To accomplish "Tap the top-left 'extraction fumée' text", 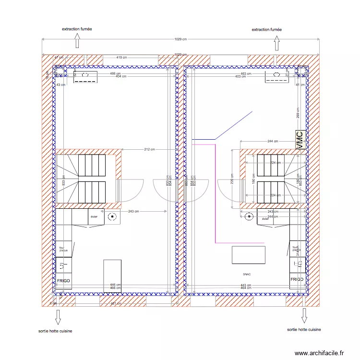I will (77, 29).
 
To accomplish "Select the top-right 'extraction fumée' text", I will (267, 30).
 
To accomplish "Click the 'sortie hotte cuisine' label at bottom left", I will (55, 331).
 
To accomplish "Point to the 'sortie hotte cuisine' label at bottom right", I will (304, 330).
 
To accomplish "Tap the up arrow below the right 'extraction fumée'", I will (276, 44).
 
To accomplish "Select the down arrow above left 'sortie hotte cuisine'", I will (58, 317).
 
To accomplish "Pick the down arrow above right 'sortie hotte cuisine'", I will (304, 315).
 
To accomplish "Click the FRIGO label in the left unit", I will (63, 280).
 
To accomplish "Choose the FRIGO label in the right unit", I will (297, 279).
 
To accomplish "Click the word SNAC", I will (247, 275).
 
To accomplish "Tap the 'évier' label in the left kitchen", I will (94, 217).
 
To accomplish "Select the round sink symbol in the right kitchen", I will (249, 217).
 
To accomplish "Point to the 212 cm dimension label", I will (149, 149).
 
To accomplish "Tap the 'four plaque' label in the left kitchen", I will (63, 249).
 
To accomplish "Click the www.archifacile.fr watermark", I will (319, 353).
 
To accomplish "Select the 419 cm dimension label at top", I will (121, 58).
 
